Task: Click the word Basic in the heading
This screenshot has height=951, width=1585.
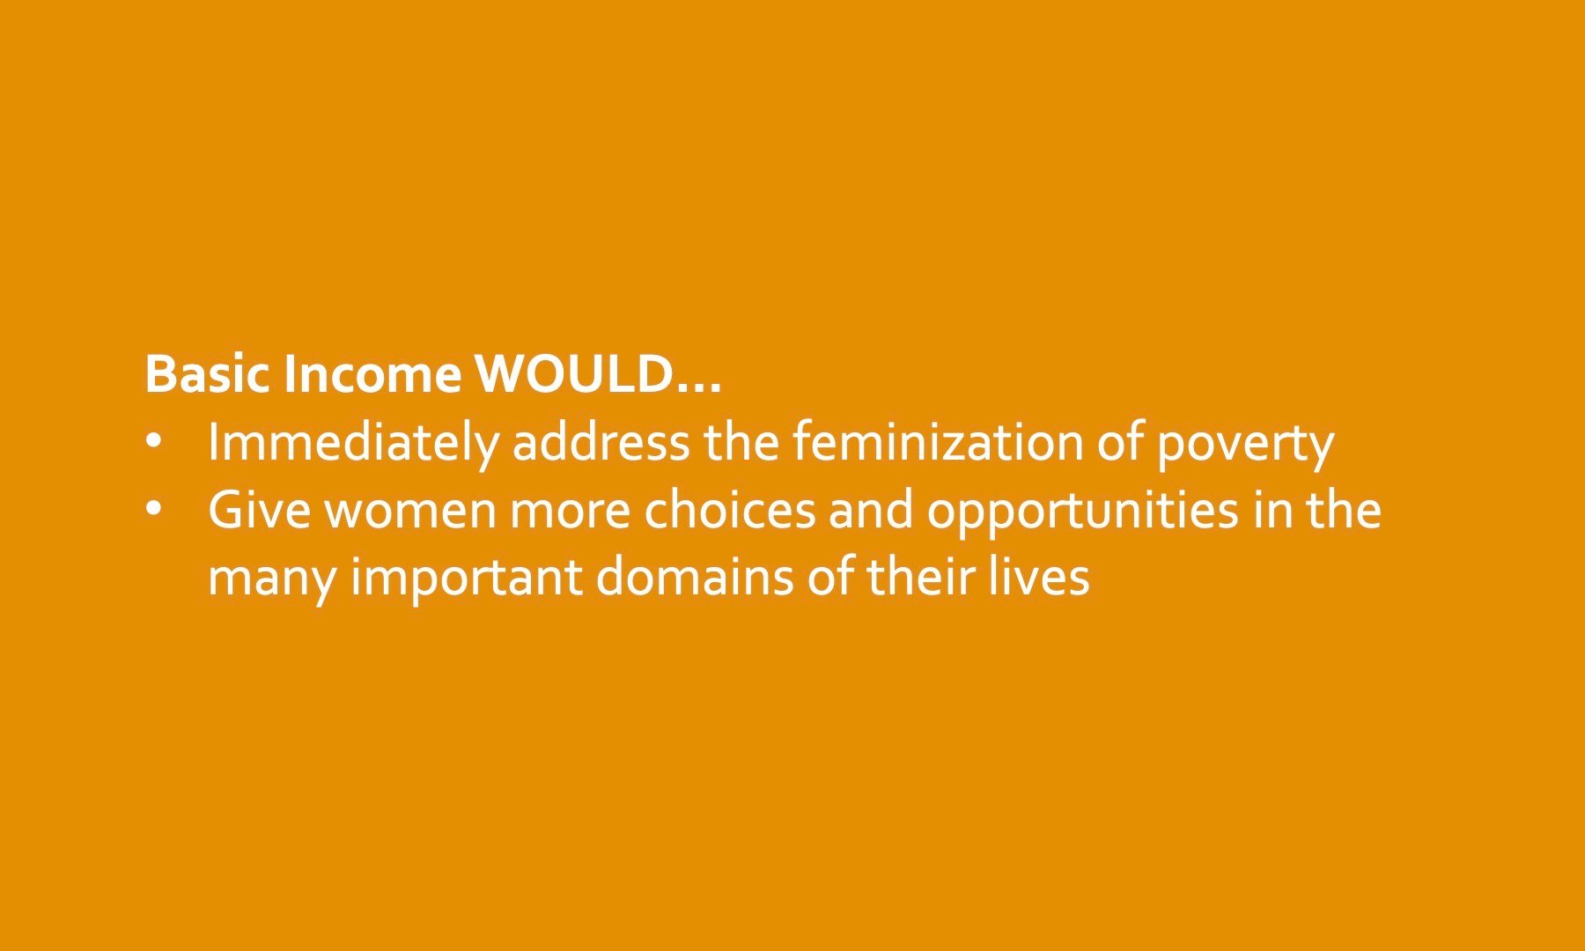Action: click(209, 374)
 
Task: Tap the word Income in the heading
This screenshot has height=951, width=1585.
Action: click(372, 374)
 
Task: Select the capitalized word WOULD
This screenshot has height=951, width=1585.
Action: click(574, 374)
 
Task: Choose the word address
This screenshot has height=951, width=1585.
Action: click(601, 442)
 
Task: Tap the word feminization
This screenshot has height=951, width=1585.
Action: click(936, 442)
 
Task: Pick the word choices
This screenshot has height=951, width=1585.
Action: click(730, 511)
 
